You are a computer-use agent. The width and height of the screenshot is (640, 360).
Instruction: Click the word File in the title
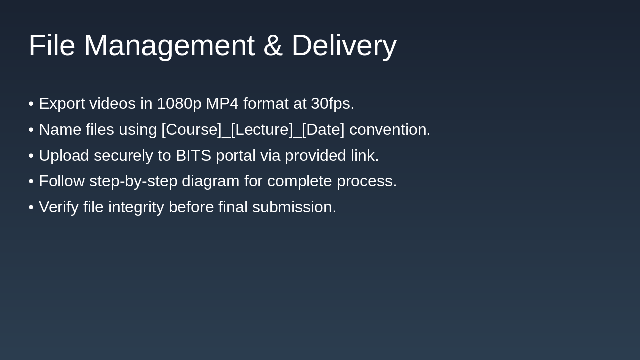(51, 45)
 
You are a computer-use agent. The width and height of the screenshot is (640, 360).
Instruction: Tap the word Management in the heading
(169, 45)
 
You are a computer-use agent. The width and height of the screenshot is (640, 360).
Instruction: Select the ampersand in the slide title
(273, 45)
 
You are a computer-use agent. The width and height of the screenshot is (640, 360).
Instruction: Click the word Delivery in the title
(344, 45)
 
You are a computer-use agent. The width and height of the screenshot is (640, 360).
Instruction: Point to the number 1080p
(179, 104)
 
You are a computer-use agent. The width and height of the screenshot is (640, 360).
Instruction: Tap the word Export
(62, 104)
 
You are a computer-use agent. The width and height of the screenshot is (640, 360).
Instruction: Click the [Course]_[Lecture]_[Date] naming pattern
(253, 130)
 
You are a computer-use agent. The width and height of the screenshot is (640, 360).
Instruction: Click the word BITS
(193, 156)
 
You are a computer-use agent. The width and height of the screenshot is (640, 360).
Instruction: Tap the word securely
(123, 156)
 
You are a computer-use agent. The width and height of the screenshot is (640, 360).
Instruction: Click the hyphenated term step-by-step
(133, 181)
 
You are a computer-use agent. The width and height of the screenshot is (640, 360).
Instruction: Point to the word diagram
(210, 181)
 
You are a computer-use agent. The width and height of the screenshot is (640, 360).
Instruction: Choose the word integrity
(136, 207)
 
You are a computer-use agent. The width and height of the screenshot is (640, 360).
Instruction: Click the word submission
(294, 207)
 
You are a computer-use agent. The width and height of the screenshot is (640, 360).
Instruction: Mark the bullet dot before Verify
(31, 207)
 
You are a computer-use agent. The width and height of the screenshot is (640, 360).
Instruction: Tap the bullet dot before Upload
(31, 156)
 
